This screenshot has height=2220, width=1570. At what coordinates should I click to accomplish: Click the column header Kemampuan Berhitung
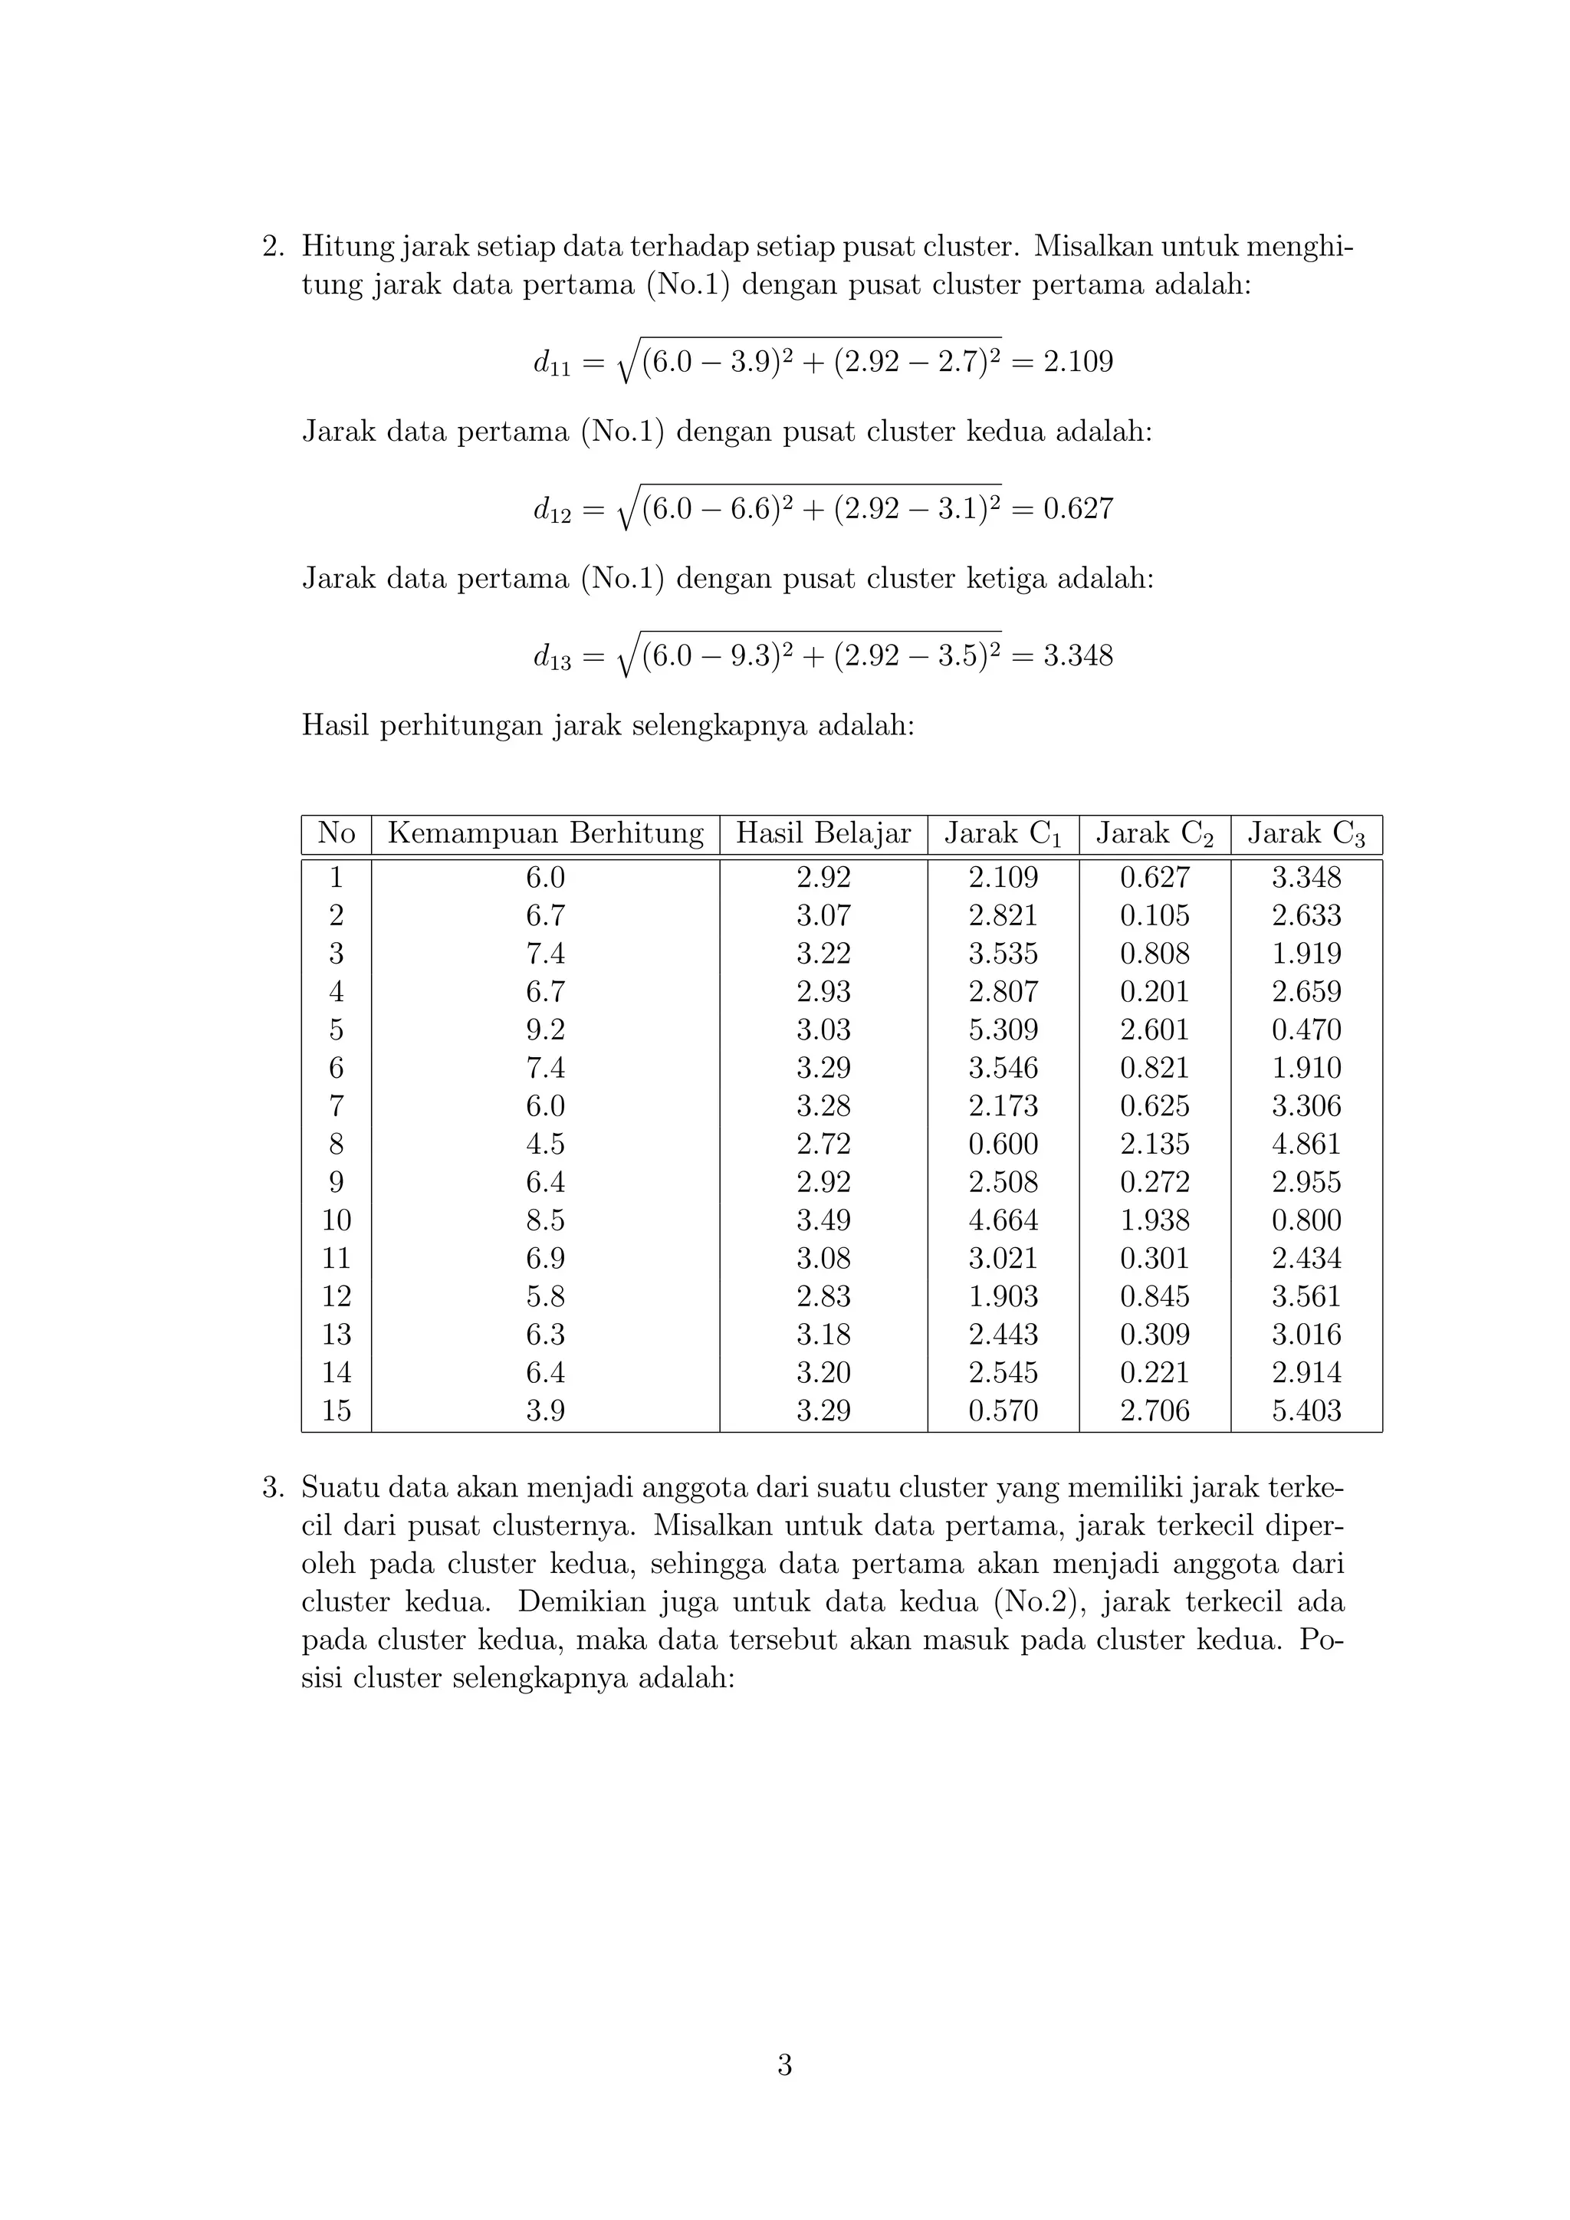[x=545, y=833]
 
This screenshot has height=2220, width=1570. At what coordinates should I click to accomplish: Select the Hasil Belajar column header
[x=823, y=833]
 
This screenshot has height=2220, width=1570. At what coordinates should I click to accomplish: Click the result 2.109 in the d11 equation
[x=1078, y=362]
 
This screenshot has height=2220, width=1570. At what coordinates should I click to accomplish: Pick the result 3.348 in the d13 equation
[x=1078, y=655]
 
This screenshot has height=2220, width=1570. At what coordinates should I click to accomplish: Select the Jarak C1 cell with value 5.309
[x=1003, y=1030]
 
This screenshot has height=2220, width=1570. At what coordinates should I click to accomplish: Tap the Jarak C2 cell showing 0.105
[x=1155, y=915]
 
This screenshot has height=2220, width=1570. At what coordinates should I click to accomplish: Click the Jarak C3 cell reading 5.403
[x=1306, y=1410]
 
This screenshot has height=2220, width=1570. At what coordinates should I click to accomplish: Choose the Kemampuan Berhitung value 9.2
[x=545, y=1030]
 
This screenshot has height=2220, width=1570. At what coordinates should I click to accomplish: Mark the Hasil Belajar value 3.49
[x=823, y=1220]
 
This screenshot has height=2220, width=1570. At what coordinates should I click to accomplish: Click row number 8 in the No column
[x=337, y=1144]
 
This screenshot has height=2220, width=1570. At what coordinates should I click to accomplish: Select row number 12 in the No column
[x=337, y=1296]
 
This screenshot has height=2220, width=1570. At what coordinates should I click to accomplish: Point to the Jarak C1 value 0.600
[x=1003, y=1144]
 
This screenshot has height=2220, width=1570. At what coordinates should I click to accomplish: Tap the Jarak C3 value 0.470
[x=1306, y=1030]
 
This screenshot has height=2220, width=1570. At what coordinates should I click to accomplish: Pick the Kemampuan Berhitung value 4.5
[x=545, y=1144]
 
